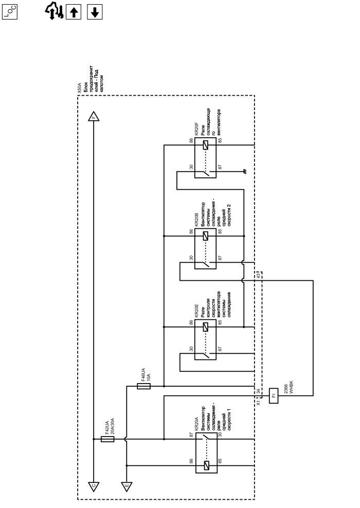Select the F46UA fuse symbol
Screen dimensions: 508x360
point(143,386)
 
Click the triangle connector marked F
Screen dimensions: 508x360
point(93,116)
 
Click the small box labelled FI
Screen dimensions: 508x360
point(273,395)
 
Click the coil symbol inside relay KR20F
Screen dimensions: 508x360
point(206,145)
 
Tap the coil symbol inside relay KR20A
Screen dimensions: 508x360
point(206,466)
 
